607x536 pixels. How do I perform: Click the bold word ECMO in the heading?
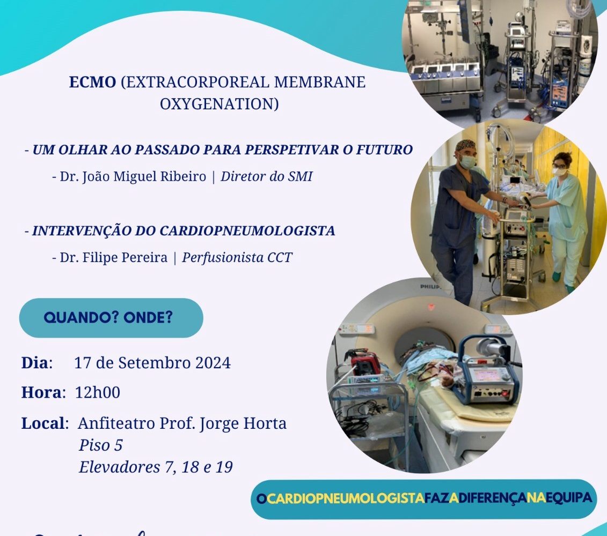pos(92,82)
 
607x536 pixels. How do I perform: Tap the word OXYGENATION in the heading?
pos(219,103)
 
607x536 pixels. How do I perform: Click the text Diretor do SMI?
pos(266,176)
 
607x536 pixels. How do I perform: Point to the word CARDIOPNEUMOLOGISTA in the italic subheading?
pos(247,230)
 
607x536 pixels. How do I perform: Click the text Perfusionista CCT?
pos(237,258)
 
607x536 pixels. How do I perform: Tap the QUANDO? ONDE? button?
pos(111,318)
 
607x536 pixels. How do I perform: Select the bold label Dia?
pos(35,363)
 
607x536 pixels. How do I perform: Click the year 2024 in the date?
pos(213,363)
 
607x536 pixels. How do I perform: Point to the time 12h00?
pos(98,392)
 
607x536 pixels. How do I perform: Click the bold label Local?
pos(43,423)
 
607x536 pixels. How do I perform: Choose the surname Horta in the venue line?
pos(265,423)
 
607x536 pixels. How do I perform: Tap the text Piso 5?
pos(101,445)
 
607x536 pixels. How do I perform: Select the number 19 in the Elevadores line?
pos(224,467)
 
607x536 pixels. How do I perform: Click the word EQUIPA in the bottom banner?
pos(569,498)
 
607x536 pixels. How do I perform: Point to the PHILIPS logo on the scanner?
pos(430,287)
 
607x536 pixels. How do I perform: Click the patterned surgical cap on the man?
pos(466,145)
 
